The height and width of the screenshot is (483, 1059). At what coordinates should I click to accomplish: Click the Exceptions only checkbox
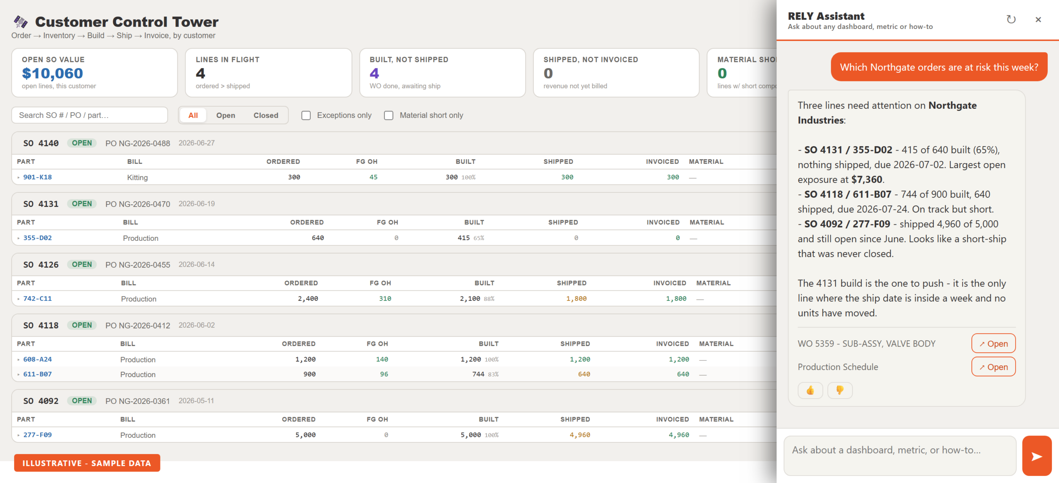[306, 115]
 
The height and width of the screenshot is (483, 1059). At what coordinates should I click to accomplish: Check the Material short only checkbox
[389, 115]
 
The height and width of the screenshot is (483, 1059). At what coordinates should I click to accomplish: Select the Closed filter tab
[266, 115]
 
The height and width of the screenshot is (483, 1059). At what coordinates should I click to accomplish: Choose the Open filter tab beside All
[225, 115]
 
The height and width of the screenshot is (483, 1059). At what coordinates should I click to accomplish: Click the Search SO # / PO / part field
[90, 115]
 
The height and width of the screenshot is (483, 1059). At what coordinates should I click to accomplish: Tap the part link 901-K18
[38, 177]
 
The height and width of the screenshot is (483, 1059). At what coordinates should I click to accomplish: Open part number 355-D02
[38, 238]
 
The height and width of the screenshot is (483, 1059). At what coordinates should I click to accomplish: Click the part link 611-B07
[38, 374]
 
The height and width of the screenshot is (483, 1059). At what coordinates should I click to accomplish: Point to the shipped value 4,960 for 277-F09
[580, 435]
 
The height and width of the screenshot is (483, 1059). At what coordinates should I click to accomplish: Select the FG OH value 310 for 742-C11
[385, 298]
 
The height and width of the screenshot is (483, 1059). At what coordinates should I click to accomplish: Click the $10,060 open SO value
[53, 73]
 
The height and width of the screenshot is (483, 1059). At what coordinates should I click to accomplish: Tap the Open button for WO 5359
[993, 344]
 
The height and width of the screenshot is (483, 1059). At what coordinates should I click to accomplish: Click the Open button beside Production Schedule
[993, 367]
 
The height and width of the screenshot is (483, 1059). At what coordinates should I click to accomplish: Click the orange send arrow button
[1037, 456]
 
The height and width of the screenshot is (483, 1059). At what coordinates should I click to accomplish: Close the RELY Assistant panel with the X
[1038, 19]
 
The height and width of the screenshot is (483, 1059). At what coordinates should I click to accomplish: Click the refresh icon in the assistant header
[1011, 19]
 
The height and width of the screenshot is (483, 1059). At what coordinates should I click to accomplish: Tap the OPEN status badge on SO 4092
[82, 401]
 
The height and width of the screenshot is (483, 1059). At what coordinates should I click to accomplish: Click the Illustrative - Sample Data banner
[87, 463]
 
